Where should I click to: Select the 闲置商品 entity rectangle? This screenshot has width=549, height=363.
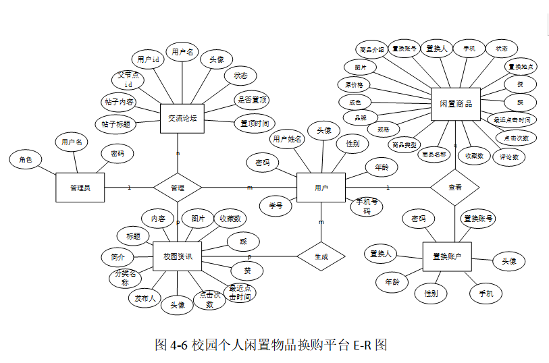455,104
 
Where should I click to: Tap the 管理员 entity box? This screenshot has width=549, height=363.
80,187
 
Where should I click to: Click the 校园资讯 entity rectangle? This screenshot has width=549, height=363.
178,256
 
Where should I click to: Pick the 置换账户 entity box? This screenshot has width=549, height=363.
446,256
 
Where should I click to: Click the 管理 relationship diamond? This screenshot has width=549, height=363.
178,187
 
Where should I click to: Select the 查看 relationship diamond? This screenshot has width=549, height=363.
454,187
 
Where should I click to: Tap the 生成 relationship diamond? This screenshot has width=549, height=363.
321,256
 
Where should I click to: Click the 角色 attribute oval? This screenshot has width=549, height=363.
26,160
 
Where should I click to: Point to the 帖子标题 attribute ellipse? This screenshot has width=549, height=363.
115,124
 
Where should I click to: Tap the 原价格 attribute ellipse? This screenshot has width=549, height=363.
354,85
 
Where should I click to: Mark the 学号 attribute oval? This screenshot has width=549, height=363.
276,205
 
